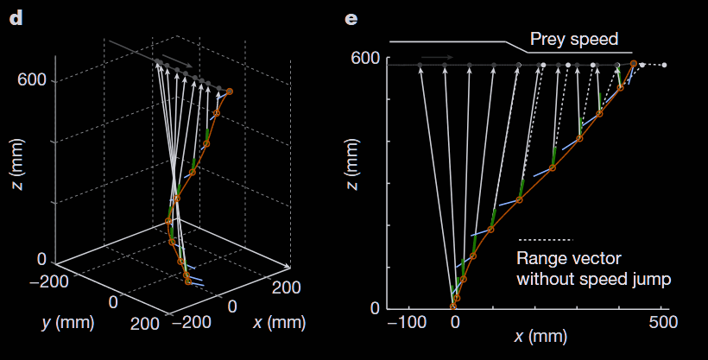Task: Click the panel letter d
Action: coord(15,16)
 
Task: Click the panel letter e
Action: coord(351,16)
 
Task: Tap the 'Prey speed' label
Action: coord(574,40)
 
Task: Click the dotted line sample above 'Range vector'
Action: coord(545,239)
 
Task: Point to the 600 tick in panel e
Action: coord(366,59)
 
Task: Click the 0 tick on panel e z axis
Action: coord(375,307)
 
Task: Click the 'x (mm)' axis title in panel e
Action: coord(542,339)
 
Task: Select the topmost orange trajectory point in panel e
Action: coord(634,64)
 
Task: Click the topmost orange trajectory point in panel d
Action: coord(229,91)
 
